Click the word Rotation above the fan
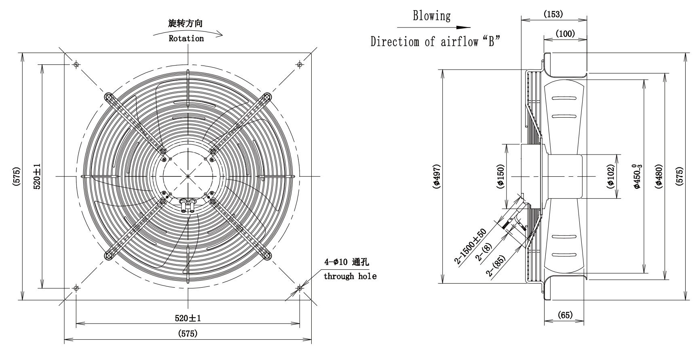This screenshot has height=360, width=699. click(186, 38)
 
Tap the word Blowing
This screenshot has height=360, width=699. click(431, 16)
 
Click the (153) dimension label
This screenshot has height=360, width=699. click(553, 14)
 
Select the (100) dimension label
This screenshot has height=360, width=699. click(565, 34)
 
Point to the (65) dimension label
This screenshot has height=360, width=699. click(564, 315)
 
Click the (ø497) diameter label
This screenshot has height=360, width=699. click(436, 176)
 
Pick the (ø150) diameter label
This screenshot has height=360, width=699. click(500, 176)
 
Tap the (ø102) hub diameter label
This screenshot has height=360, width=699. click(610, 176)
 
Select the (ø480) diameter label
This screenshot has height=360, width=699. click(659, 176)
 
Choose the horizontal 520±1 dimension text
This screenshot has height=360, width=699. click(188, 318)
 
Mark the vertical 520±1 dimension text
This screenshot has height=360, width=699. click(36, 176)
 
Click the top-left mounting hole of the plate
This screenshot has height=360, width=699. click(76, 64)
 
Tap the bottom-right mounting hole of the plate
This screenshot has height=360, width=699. click(300, 288)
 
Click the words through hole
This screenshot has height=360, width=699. click(350, 276)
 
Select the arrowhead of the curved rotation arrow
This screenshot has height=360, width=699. click(219, 34)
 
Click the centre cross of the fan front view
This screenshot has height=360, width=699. click(188, 176)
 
